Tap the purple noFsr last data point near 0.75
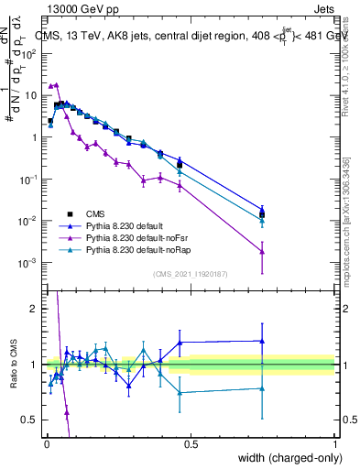pyautogui.click(x=262, y=251)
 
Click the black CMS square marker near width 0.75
pyautogui.click(x=262, y=214)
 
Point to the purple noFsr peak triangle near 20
pyautogui.click(x=56, y=84)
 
